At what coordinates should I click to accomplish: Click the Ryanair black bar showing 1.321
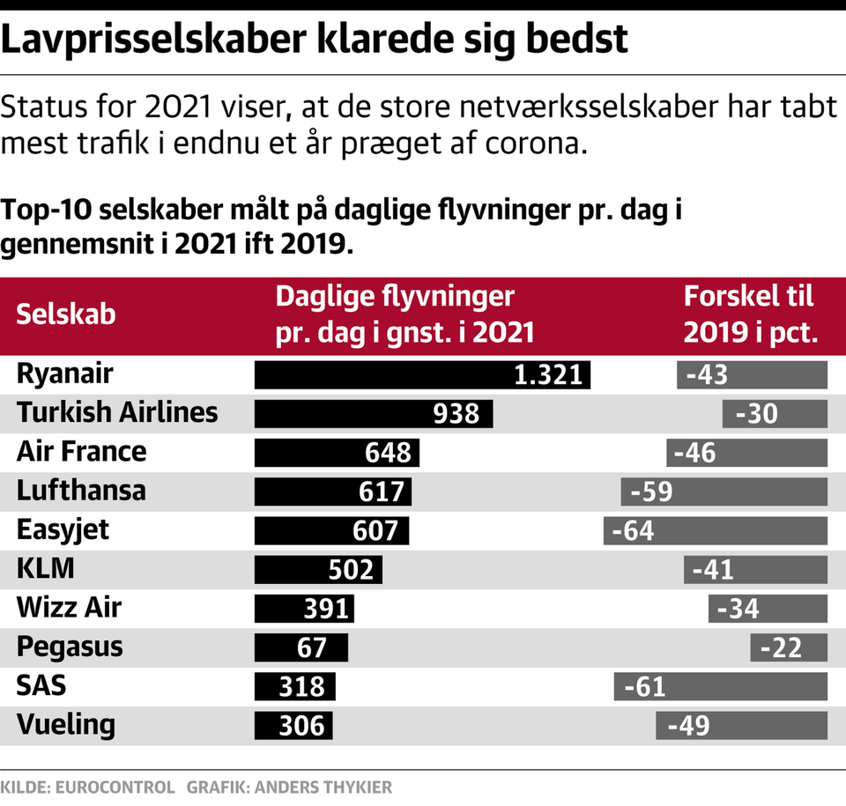422,374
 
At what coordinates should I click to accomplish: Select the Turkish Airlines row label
116,412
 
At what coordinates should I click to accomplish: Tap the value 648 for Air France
388,452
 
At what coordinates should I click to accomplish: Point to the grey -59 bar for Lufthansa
724,491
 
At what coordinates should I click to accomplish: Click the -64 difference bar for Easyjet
716,530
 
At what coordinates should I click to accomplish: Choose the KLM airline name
45,569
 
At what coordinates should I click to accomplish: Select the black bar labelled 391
304,608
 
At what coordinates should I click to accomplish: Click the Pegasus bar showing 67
300,647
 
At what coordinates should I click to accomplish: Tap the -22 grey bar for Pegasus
789,647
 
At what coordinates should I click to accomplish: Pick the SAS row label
41,685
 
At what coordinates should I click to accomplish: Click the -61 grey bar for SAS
721,686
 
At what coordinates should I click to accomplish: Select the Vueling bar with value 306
294,725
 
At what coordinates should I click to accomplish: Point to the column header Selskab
66,314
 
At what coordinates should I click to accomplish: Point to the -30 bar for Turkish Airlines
775,413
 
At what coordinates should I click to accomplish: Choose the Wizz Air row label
69,608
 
